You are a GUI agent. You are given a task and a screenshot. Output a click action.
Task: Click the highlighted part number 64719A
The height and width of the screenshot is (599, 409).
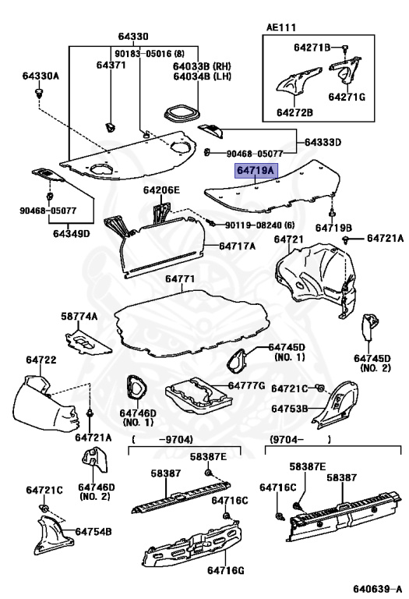256,170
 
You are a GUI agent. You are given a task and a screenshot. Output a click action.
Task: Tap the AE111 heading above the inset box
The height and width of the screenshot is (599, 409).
280,27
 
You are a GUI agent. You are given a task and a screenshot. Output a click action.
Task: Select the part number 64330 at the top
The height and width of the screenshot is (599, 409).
133,37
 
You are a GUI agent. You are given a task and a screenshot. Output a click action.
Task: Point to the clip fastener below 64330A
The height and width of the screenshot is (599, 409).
38,93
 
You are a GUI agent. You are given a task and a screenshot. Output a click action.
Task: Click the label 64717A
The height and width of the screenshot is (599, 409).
237,246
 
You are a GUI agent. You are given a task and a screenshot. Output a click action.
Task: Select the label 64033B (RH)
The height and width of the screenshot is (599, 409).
202,66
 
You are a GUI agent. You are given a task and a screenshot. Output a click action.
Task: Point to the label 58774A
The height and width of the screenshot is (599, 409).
79,317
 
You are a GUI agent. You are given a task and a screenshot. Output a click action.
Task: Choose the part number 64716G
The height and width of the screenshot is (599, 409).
225,570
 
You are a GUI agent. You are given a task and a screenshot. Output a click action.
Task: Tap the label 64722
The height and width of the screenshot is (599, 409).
41,360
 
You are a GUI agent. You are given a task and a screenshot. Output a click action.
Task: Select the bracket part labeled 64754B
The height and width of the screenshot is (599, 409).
52,535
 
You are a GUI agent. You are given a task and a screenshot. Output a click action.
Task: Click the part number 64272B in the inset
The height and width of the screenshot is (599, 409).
294,112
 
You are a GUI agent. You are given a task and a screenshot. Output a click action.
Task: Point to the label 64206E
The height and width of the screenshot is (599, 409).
161,190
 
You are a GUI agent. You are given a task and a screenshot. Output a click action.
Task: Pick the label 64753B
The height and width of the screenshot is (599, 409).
289,409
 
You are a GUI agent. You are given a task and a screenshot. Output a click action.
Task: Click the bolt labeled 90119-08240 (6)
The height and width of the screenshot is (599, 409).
210,223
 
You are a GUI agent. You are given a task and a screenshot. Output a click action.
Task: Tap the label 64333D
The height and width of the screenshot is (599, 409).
323,143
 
